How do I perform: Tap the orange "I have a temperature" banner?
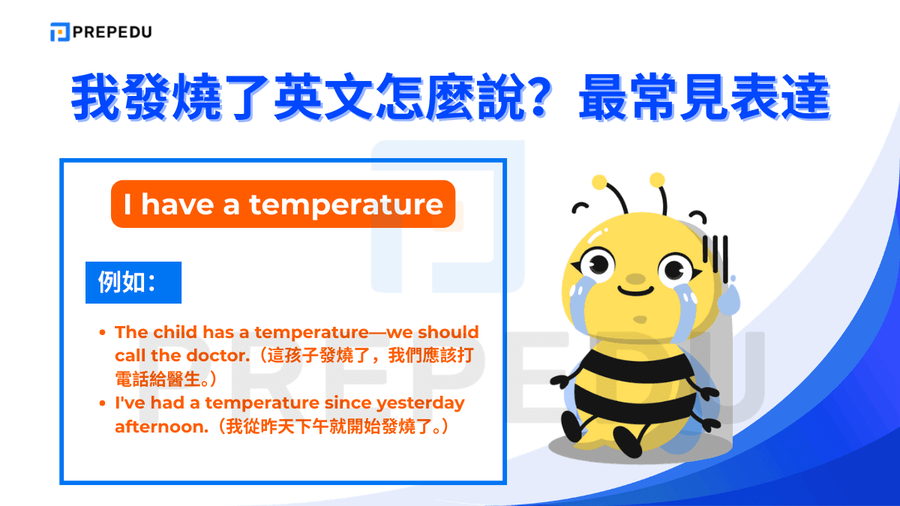tap(283, 204)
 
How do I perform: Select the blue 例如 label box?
tap(133, 283)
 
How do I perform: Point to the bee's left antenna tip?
tap(599, 181)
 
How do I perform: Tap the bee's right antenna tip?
tap(657, 179)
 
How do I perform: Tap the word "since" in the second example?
tap(347, 403)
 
